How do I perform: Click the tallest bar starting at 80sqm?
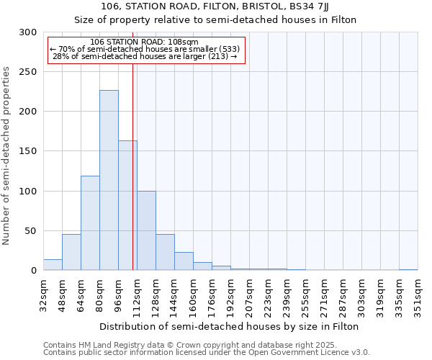pos(109,180)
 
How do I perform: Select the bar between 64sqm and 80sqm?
pos(90,223)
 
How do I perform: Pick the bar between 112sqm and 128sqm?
pos(146,230)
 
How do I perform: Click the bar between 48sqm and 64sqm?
pos(71,252)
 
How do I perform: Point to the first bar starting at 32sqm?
pos(53,265)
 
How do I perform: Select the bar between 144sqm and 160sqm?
pos(184,261)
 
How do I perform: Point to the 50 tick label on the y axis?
pos(32,231)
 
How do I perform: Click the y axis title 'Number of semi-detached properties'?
pos(6,155)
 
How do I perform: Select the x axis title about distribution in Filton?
pos(230,326)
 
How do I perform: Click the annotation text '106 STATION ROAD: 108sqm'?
pos(146,42)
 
